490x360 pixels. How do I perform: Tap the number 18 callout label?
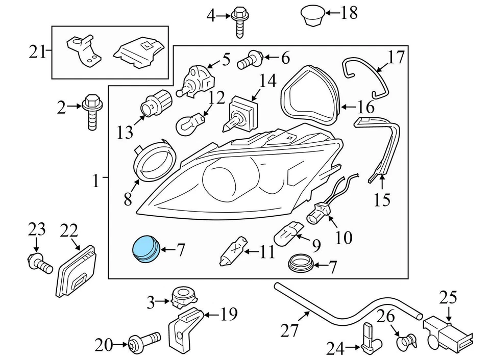point(349,12)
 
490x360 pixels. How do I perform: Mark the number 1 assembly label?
point(95,180)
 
